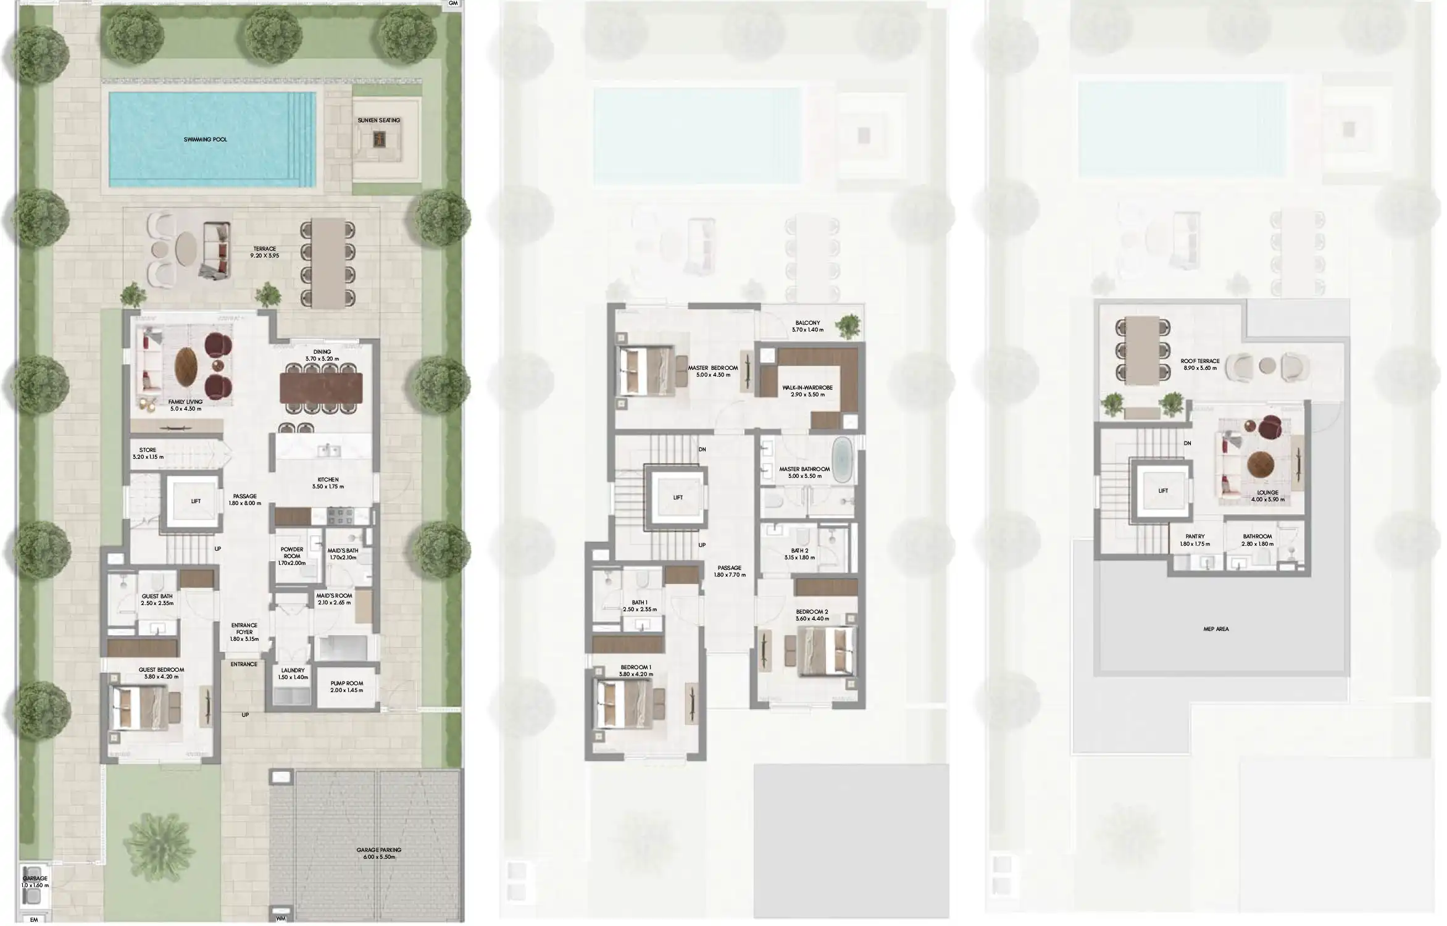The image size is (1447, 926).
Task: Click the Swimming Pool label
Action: click(x=205, y=140)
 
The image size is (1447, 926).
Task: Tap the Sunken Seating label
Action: click(x=378, y=120)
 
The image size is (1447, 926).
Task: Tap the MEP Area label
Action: click(x=1216, y=629)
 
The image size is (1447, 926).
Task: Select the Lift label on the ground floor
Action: click(x=195, y=501)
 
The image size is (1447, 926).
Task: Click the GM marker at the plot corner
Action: click(x=453, y=4)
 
